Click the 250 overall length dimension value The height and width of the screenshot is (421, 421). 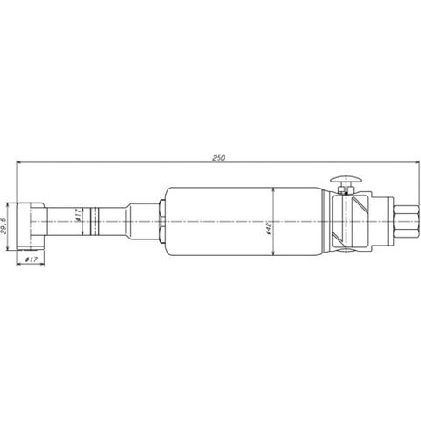pyautogui.click(x=218, y=158)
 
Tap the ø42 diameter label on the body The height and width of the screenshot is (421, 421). pyautogui.click(x=268, y=228)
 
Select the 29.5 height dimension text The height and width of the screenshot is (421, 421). pyautogui.click(x=4, y=225)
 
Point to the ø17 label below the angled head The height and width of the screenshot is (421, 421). pyautogui.click(x=31, y=260)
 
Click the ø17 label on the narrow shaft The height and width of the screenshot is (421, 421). pyautogui.click(x=78, y=215)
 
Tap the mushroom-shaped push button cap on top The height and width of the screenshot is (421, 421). pyautogui.click(x=346, y=179)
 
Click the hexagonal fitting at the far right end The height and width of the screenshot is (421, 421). pyautogui.click(x=406, y=222)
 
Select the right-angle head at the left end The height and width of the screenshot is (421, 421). pyautogui.click(x=31, y=226)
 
